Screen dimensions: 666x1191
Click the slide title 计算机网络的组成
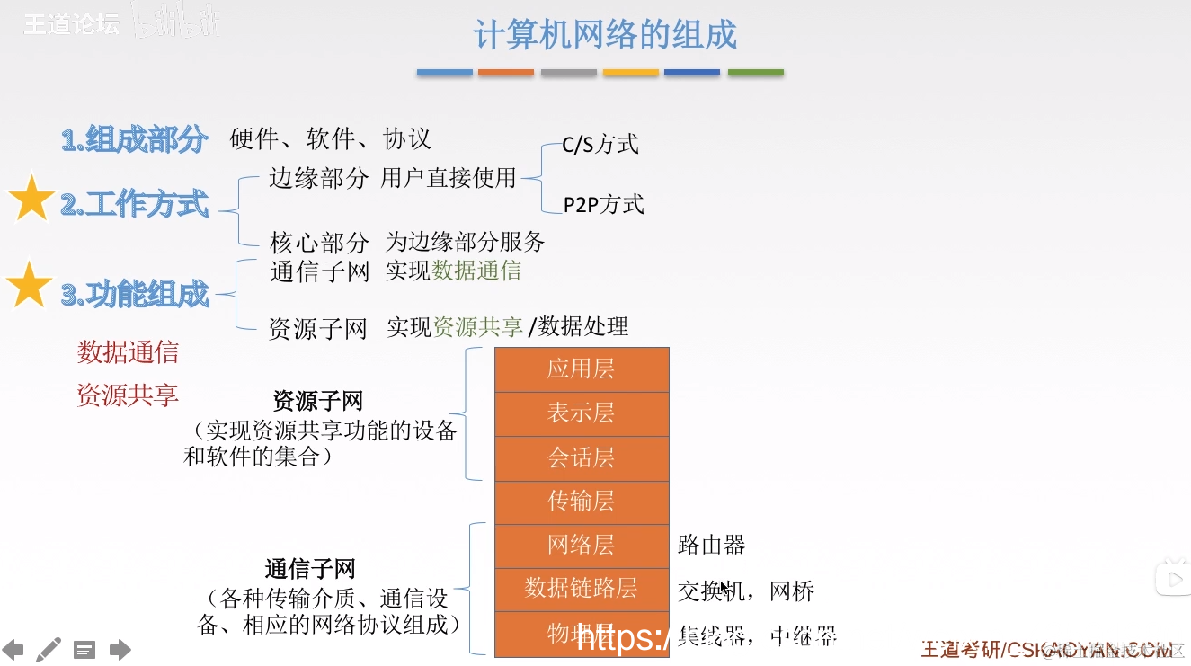(605, 35)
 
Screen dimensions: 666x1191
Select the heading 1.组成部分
(135, 140)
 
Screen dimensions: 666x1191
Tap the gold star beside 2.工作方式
(31, 199)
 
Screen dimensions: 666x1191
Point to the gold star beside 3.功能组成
(30, 285)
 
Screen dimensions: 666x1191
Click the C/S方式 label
(600, 144)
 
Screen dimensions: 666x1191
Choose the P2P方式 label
(603, 205)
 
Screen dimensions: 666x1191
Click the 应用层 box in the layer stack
(582, 369)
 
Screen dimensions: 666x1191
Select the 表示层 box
(582, 413)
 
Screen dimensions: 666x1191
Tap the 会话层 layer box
(582, 457)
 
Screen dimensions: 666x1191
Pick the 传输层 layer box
(582, 501)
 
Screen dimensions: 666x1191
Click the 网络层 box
(582, 545)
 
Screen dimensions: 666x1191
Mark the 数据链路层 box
(582, 588)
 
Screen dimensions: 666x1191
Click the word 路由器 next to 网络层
(711, 545)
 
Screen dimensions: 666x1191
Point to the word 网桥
(792, 591)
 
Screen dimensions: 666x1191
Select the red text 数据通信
(128, 352)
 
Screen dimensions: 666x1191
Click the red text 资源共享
(128, 395)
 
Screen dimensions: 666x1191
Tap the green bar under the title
(755, 73)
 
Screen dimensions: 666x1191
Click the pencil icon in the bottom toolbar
(49, 649)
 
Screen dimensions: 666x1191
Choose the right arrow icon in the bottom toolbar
(120, 650)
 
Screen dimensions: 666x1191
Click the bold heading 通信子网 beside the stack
(310, 569)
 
